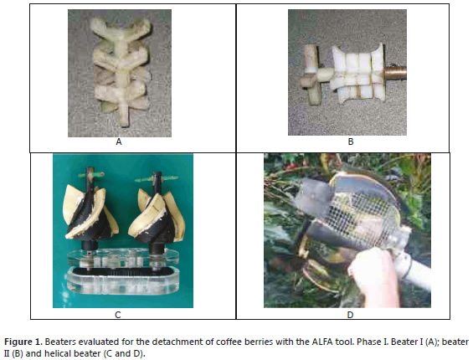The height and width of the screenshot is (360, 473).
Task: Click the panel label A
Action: tap(119, 141)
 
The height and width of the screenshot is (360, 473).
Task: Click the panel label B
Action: tap(351, 141)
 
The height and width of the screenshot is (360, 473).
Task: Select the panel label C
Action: tap(118, 315)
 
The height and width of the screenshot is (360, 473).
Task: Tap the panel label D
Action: tap(350, 315)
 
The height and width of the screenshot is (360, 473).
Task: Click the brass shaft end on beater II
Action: tap(395, 75)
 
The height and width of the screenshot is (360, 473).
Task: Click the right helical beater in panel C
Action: tap(157, 211)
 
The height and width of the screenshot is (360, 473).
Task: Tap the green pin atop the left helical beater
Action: tap(91, 174)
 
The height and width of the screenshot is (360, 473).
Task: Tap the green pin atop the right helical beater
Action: tap(157, 179)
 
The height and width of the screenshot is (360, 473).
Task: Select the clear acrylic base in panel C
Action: tap(123, 273)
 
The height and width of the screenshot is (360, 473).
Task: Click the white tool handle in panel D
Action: tap(414, 265)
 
